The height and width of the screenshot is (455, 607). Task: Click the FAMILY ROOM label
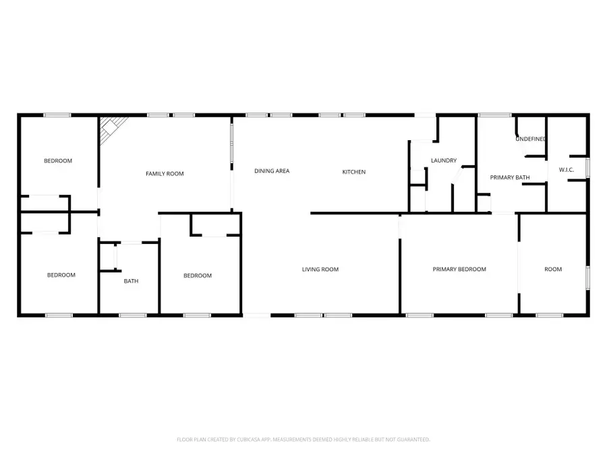(x=165, y=174)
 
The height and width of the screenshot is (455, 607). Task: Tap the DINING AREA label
(x=272, y=171)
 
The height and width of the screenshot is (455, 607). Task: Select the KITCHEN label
(x=353, y=172)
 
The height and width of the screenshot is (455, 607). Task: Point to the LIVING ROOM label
(x=320, y=270)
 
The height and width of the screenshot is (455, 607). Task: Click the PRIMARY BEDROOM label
(x=459, y=270)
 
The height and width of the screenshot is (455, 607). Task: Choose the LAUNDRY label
(x=444, y=160)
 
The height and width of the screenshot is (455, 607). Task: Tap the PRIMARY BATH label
(x=509, y=177)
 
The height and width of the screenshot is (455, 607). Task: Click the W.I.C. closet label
(x=567, y=169)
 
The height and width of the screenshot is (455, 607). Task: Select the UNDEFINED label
(x=531, y=139)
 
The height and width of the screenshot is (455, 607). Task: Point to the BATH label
(x=131, y=281)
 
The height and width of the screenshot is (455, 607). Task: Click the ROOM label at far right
(x=553, y=270)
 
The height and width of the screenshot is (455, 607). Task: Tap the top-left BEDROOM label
(x=58, y=160)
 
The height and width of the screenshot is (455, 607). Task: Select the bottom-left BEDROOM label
(x=61, y=275)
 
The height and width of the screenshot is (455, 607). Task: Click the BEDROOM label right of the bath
(x=198, y=276)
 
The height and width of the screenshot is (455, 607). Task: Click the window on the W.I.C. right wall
(x=588, y=167)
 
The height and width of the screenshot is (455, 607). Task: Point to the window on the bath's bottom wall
(x=132, y=315)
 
